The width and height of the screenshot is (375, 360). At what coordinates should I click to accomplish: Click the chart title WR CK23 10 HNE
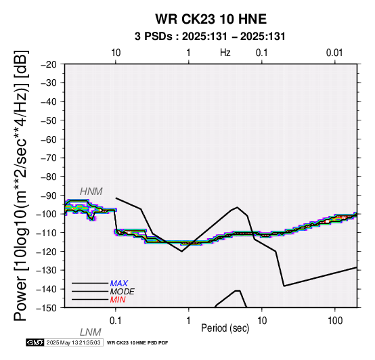tap(211, 19)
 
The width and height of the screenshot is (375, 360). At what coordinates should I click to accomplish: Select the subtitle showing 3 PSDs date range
tap(210, 37)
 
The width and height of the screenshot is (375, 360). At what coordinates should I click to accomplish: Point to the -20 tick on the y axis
tap(49, 64)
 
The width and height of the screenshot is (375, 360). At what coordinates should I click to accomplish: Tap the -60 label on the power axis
tap(49, 139)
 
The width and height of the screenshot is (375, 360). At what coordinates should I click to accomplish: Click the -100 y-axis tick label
tap(47, 214)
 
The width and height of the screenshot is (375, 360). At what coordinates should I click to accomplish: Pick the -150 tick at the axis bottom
tap(47, 308)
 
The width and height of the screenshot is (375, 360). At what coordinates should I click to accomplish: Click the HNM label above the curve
tap(91, 192)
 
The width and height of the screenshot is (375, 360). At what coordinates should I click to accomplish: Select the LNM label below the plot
tap(91, 332)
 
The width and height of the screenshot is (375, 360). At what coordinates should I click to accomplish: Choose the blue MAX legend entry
tap(119, 284)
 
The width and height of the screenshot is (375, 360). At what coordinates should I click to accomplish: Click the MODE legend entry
tap(123, 292)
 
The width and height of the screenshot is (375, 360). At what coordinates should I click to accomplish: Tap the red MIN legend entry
tap(118, 300)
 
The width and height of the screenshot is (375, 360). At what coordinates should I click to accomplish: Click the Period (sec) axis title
tap(225, 328)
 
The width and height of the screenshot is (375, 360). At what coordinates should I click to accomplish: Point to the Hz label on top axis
tap(225, 53)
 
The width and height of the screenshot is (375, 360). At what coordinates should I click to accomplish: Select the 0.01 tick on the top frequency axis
tap(334, 53)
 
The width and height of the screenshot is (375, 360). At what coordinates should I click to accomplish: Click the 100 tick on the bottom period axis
tap(335, 321)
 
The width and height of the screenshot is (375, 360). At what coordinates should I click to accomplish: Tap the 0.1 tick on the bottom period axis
tap(116, 321)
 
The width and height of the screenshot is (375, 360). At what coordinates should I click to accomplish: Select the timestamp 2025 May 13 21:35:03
tap(73, 342)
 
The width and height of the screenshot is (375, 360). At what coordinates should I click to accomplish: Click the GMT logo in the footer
tap(35, 342)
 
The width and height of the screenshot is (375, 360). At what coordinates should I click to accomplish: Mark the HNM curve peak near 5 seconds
tap(237, 207)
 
